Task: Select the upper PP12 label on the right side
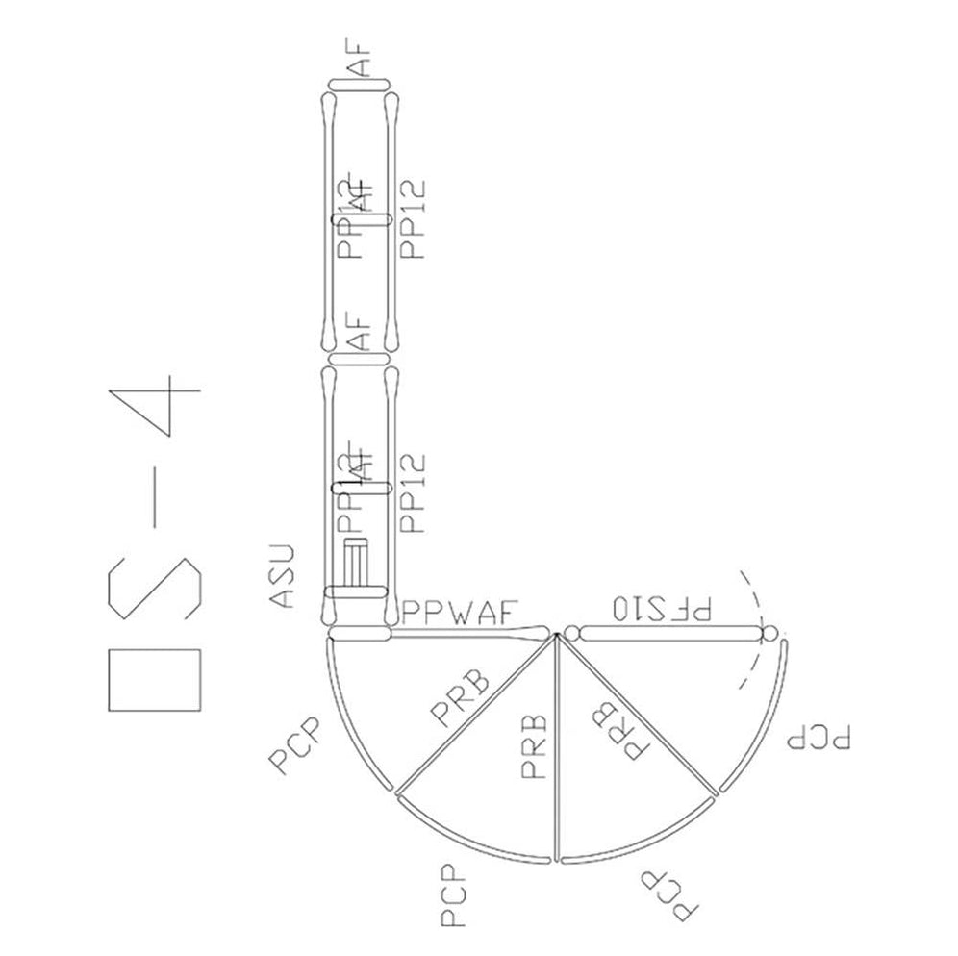point(414,219)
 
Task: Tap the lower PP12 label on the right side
point(414,492)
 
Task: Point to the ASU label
point(281,576)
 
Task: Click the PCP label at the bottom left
point(454,897)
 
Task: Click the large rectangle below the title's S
point(155,679)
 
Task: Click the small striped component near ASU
point(358,564)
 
